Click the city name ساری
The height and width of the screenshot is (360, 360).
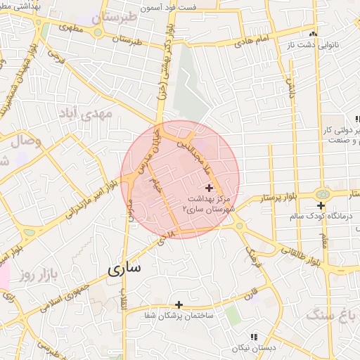tap(124, 269)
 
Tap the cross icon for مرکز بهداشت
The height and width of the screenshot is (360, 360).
tap(209, 188)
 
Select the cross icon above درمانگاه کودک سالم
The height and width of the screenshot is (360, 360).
tap(321, 206)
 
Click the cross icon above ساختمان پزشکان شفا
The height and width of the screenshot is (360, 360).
tap(179, 304)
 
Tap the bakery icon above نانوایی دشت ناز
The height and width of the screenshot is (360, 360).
tap(313, 34)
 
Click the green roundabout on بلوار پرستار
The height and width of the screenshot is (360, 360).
tap(323, 193)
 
